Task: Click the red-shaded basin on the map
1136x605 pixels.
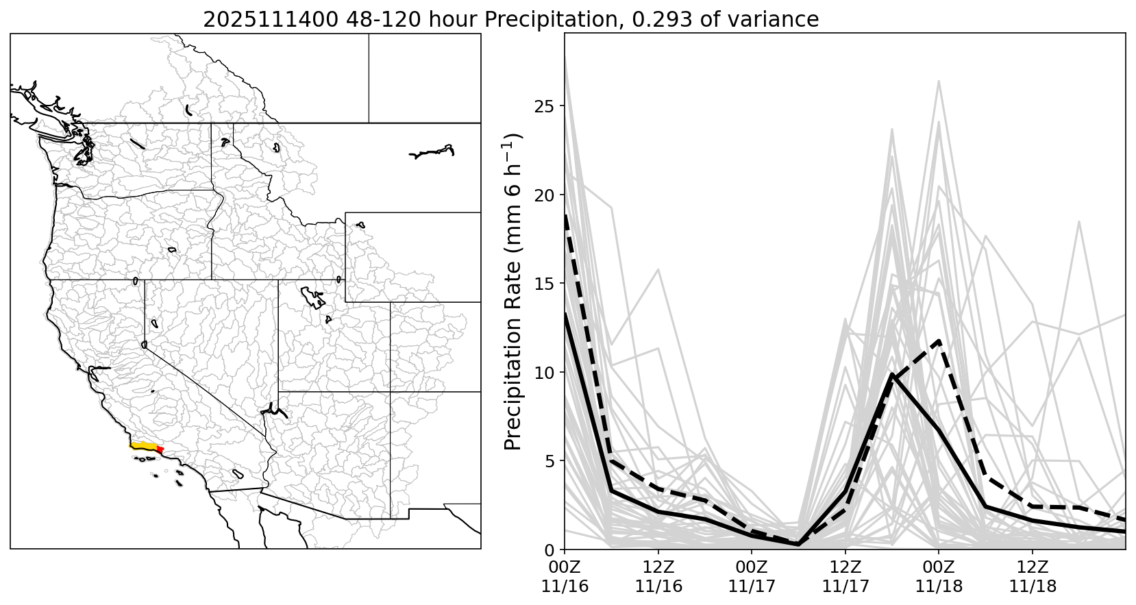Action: pyautogui.click(x=160, y=449)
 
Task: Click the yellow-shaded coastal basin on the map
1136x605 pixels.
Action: pyautogui.click(x=144, y=446)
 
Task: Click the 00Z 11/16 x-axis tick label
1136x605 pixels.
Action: pyautogui.click(x=565, y=577)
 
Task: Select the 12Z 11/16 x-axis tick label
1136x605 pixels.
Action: pyautogui.click(x=658, y=577)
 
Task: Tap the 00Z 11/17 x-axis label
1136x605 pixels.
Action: pyautogui.click(x=752, y=577)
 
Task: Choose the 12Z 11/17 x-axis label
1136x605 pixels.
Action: pyautogui.click(x=845, y=577)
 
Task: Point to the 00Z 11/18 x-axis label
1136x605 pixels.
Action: pyautogui.click(x=939, y=577)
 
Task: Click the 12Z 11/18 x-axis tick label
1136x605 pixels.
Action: pyautogui.click(x=1033, y=577)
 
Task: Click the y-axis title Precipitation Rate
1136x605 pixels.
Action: pyautogui.click(x=513, y=291)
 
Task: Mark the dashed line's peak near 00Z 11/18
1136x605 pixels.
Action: pyautogui.click(x=939, y=341)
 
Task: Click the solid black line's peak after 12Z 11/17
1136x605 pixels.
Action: pyautogui.click(x=892, y=375)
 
